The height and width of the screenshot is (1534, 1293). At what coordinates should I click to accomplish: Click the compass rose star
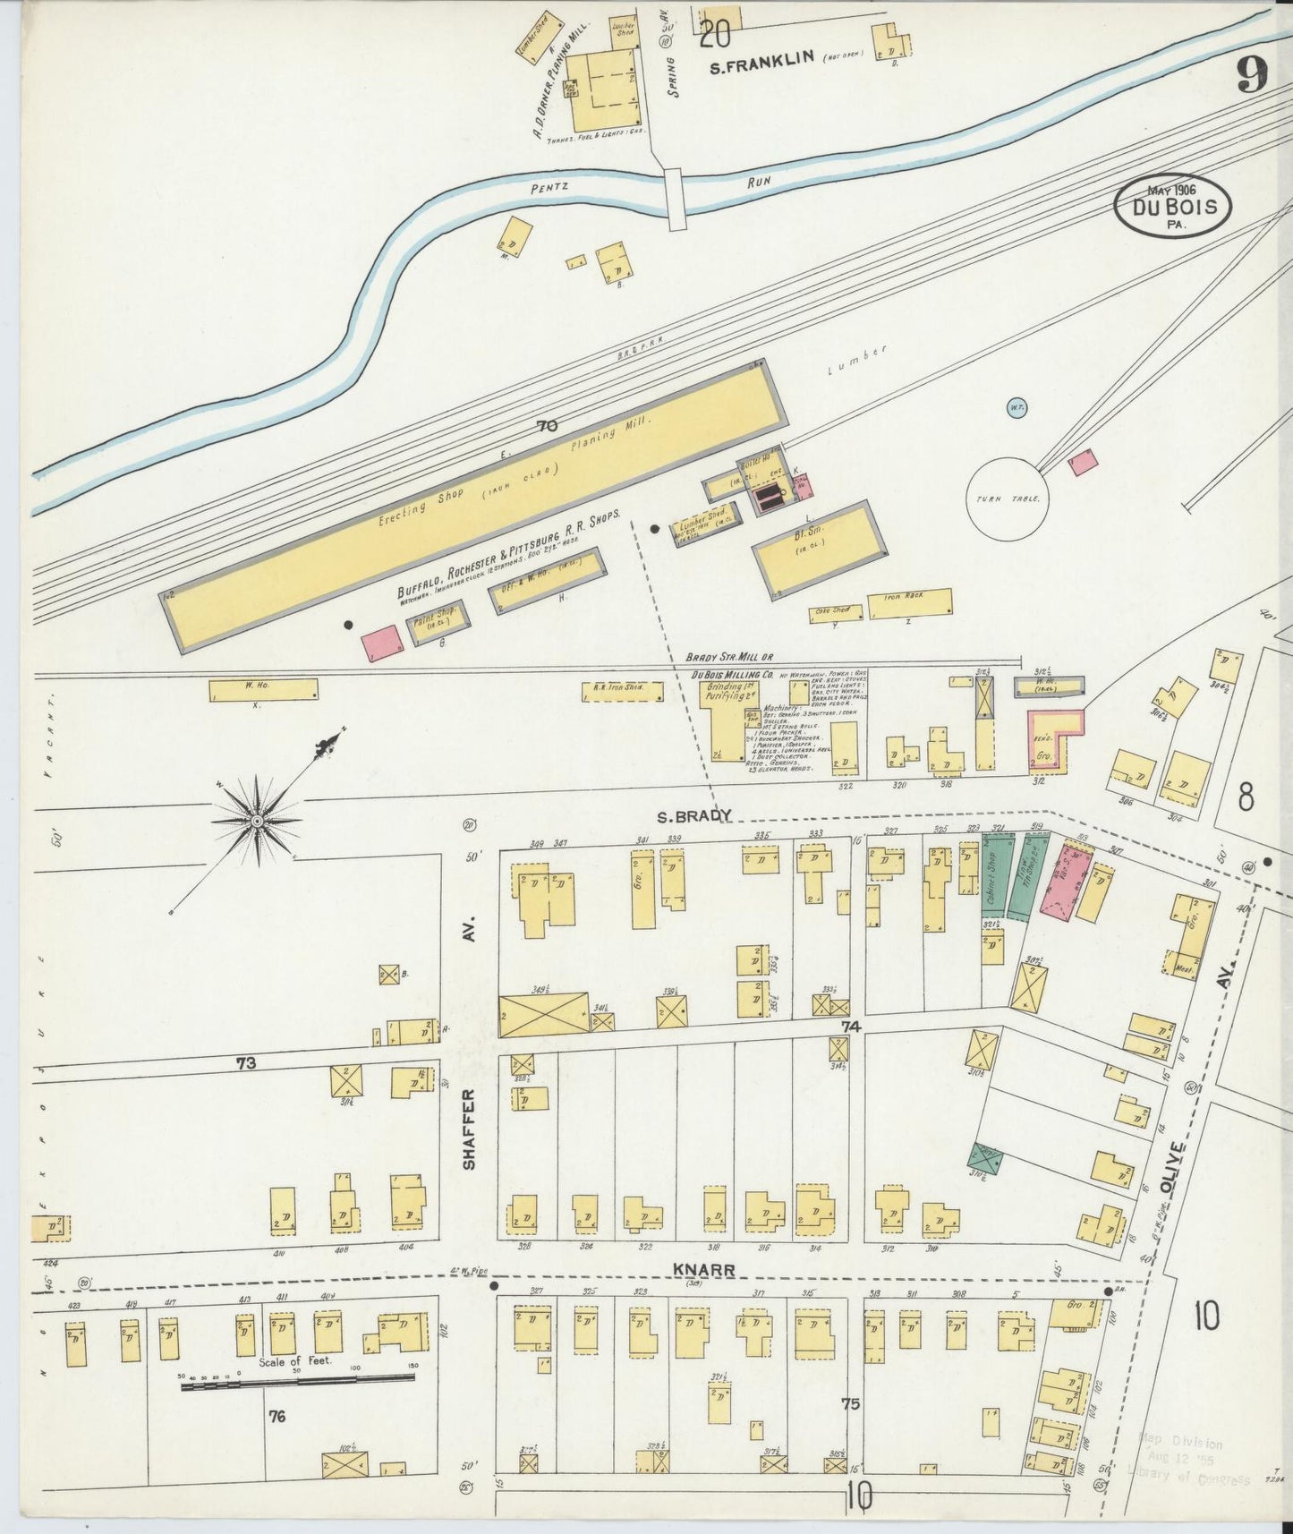[x=258, y=820]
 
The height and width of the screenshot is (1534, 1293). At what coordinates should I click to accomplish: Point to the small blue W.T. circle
[x=1016, y=407]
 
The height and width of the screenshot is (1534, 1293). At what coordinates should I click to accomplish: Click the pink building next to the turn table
[x=1084, y=461]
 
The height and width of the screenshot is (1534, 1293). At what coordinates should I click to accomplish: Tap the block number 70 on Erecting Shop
[x=546, y=427]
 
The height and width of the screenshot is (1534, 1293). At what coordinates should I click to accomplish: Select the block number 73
[x=246, y=1063]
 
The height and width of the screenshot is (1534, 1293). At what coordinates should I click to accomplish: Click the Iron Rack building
[x=909, y=604]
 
